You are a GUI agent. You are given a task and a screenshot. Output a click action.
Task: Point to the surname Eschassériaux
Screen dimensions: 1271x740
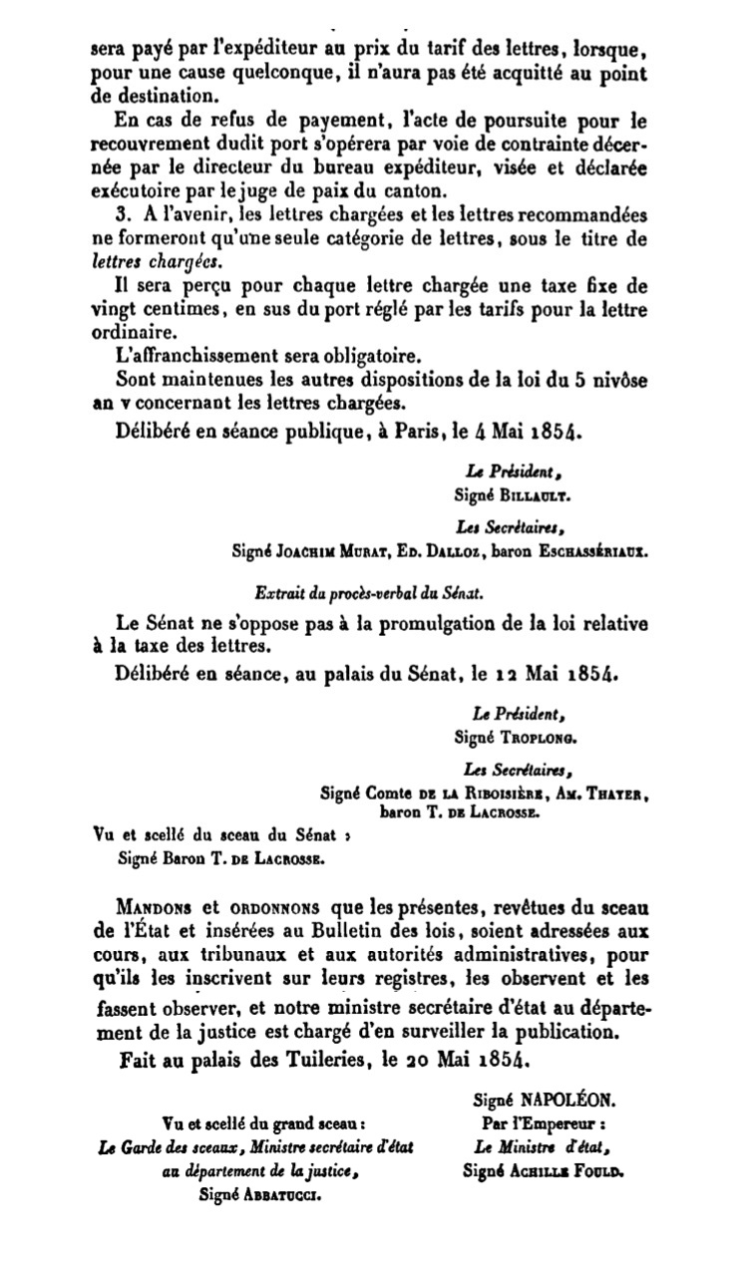[588, 548]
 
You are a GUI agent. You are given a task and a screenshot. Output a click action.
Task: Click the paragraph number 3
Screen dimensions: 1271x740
[122, 214]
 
